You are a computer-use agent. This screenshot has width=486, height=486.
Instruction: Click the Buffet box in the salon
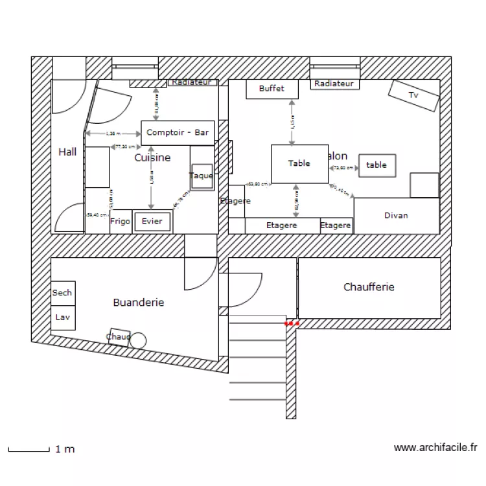tap(272, 89)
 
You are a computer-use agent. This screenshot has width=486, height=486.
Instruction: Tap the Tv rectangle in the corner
tap(413, 95)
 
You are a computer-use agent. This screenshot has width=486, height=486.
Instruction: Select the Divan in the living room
tap(396, 216)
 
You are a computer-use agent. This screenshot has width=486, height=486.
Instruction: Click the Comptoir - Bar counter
tap(178, 132)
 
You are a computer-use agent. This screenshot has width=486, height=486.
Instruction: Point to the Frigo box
tap(120, 221)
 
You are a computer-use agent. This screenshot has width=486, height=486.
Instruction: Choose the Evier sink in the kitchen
tap(152, 222)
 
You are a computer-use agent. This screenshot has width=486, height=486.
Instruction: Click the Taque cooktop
tap(202, 176)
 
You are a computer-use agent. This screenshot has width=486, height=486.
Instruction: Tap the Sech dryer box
tap(62, 293)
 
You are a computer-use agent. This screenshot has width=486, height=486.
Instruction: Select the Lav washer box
tap(62, 318)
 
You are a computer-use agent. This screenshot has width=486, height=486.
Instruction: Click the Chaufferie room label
tap(369, 287)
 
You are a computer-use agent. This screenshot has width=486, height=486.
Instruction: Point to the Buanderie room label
tap(138, 303)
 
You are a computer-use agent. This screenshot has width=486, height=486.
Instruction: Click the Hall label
tap(67, 152)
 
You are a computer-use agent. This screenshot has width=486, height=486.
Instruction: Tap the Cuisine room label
tap(152, 157)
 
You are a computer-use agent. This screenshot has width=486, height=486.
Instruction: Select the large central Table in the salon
tap(299, 163)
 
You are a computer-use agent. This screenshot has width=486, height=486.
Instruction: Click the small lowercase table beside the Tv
tap(376, 165)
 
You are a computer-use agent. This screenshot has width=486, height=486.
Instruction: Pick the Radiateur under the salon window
tap(334, 84)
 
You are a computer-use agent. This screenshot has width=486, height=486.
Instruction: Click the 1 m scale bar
tap(29, 448)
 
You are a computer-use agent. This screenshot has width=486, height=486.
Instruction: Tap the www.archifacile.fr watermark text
tap(435, 447)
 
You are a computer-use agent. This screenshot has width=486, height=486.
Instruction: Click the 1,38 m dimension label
tap(113, 133)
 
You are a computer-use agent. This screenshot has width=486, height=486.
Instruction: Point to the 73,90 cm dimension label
tap(343, 168)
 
